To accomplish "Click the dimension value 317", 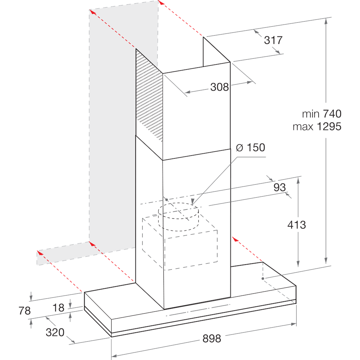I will coord(273,40).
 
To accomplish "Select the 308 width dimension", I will coord(220,87).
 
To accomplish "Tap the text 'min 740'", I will coord(321,114).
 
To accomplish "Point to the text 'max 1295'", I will coord(316,127).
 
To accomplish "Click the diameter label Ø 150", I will coord(250,148).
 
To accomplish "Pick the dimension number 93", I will coord(279,187).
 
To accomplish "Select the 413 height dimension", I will coord(297,225).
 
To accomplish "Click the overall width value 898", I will coord(212,338).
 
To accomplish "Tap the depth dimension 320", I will coord(55,332).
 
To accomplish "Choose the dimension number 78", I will coord(24,311).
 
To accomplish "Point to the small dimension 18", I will coord(58,308).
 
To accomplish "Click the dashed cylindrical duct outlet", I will coord(179,216).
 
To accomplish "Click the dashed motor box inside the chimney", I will coord(180,245).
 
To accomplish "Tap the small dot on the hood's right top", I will coord(263,278).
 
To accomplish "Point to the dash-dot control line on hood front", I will coord(198,310).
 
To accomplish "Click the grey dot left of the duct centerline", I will coord(166,199).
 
